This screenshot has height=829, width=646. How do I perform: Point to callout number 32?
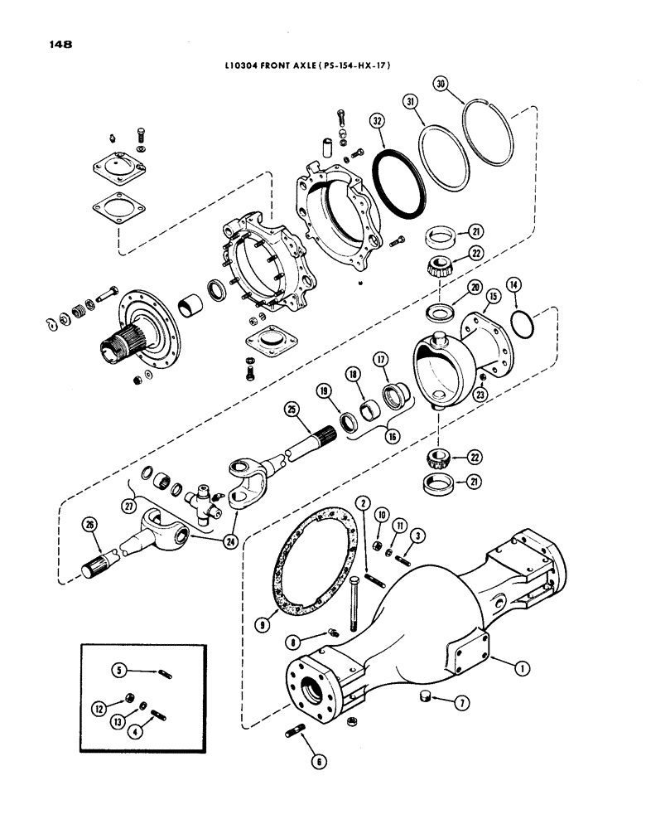pyautogui.click(x=377, y=119)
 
